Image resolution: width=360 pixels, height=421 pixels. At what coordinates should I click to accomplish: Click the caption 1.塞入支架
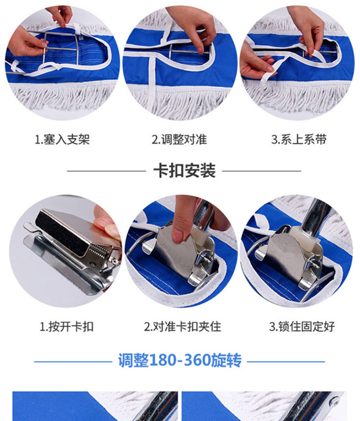pyautogui.click(x=62, y=140)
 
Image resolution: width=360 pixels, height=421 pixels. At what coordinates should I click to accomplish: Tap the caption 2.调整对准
pyautogui.click(x=180, y=140)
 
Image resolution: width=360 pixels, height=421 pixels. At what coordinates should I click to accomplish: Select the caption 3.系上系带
pyautogui.click(x=299, y=140)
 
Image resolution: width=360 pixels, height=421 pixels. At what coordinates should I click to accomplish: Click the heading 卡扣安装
pyautogui.click(x=184, y=170)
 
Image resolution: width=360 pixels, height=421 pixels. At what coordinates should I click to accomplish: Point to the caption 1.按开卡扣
pyautogui.click(x=67, y=327)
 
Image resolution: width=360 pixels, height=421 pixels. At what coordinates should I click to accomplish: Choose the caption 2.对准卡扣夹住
pyautogui.click(x=182, y=327)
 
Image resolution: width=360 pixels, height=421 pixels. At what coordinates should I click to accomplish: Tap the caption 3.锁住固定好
pyautogui.click(x=302, y=327)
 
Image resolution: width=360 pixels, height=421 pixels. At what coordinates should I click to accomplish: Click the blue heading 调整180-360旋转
pyautogui.click(x=180, y=361)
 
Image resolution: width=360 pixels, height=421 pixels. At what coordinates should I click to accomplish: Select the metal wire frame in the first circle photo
pyautogui.click(x=61, y=49)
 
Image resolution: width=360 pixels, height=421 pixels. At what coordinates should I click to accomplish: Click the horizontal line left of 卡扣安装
pyautogui.click(x=106, y=171)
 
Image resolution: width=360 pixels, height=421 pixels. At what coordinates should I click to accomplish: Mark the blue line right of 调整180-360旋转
pyautogui.click(x=286, y=361)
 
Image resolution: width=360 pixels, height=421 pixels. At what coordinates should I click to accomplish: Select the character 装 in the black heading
pyautogui.click(x=208, y=170)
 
